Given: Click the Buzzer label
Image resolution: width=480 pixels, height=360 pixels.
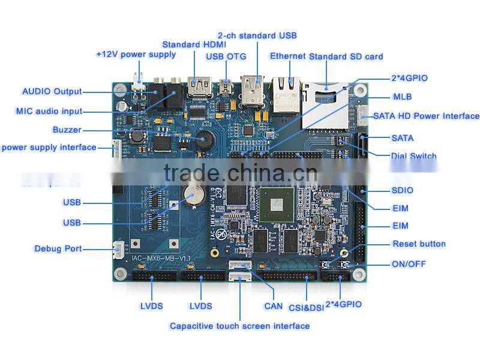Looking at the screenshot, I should click(x=66, y=130).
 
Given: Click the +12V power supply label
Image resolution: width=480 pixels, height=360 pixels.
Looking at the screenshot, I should click(x=136, y=54).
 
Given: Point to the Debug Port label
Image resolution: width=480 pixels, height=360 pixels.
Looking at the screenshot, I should click(x=58, y=248).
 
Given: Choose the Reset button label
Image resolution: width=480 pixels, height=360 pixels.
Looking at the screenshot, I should click(x=419, y=244).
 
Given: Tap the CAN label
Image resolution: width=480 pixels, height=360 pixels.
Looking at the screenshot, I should click(x=274, y=306).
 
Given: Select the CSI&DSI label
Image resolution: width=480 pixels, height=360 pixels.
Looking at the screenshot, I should click(x=306, y=307).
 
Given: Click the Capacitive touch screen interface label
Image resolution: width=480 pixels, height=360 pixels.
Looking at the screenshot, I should click(x=239, y=326).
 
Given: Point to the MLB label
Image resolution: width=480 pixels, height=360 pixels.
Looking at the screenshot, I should click(x=402, y=97).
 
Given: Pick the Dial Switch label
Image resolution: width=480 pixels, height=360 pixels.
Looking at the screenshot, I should click(x=413, y=156).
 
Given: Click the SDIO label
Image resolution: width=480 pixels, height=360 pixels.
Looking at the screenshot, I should click(x=402, y=190).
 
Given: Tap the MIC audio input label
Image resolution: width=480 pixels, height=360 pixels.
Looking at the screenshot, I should click(x=49, y=111).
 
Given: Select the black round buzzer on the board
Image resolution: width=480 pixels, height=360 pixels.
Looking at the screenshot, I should click(x=205, y=140).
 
